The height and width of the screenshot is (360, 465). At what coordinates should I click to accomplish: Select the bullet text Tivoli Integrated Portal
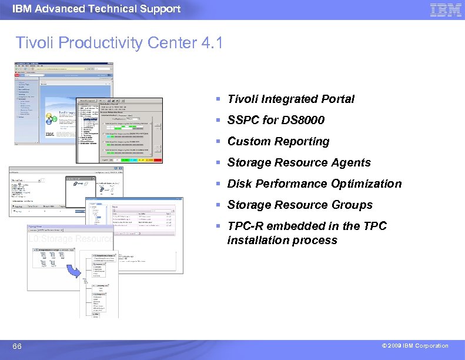(x=291, y=99)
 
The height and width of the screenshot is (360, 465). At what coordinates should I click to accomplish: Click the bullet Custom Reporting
(x=278, y=142)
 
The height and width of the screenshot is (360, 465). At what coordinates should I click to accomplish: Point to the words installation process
(x=282, y=241)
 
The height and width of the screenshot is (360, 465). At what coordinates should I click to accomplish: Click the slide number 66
(x=17, y=346)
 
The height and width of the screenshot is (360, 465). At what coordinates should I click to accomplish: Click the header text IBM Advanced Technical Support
(x=96, y=9)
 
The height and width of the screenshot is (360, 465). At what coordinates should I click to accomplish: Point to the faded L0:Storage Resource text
(x=71, y=239)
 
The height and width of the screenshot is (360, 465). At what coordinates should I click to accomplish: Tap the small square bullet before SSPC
(x=218, y=121)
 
